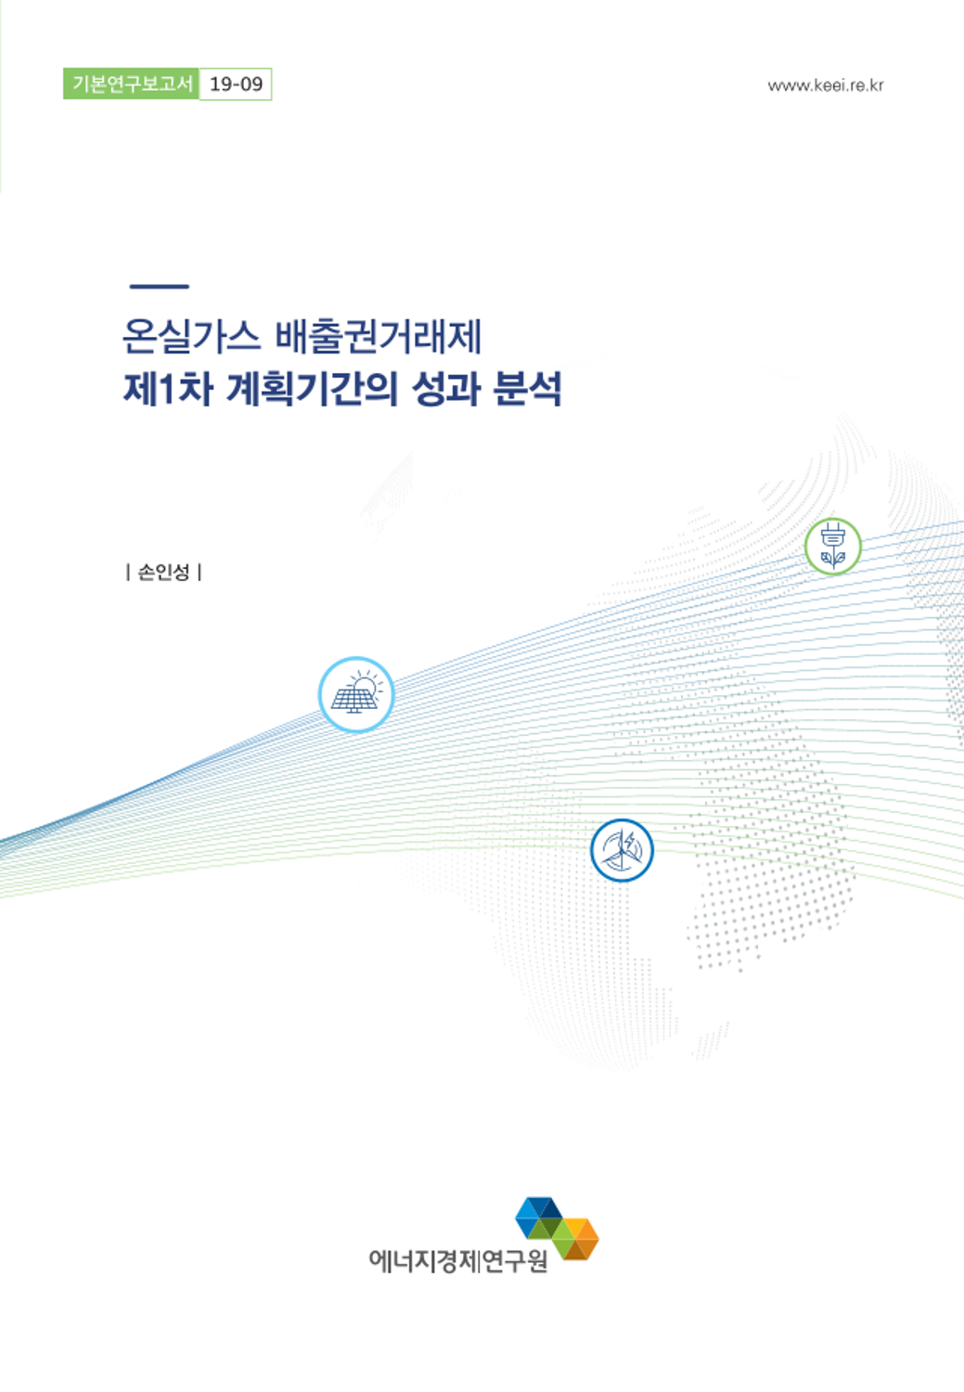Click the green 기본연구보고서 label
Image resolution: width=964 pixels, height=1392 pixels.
pos(131,84)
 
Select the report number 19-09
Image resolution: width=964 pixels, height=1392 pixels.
pos(236,84)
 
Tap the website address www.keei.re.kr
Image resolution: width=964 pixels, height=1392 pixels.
pos(826,85)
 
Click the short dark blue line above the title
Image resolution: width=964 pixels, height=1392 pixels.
pos(159,287)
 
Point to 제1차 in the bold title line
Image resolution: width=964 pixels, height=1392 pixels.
pos(168,389)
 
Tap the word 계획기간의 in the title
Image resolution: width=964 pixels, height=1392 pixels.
pos(312,389)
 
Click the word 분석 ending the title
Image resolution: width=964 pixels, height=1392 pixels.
pos(527,389)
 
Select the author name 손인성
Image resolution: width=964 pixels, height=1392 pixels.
pos(163,572)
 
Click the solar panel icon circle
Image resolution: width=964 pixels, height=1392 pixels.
pos(356,695)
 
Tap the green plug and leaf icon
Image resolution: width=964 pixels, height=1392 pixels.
pos(833,546)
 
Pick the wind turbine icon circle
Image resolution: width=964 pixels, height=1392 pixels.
pos(622,850)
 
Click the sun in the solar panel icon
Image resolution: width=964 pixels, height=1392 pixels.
pos(366,686)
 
